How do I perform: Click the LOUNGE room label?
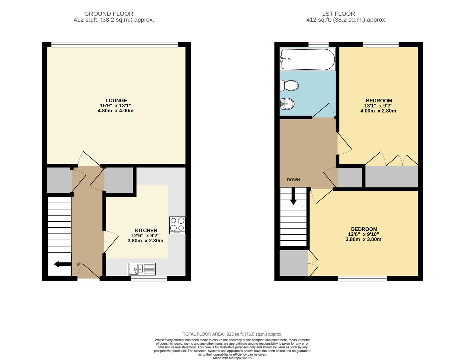(116, 100)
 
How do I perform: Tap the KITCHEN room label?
(146, 230)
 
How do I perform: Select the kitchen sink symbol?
(142, 269)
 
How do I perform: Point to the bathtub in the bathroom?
(308, 59)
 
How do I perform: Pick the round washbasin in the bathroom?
(287, 104)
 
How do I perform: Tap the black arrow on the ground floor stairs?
(62, 264)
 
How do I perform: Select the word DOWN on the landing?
(293, 180)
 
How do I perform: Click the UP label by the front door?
(79, 264)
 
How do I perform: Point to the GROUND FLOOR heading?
(108, 14)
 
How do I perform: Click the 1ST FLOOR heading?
(338, 14)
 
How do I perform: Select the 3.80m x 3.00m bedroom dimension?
(364, 239)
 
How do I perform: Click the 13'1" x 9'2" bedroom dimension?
(378, 106)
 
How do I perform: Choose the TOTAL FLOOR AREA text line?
(232, 334)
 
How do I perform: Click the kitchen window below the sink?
(149, 278)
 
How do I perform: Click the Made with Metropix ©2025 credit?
(232, 358)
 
